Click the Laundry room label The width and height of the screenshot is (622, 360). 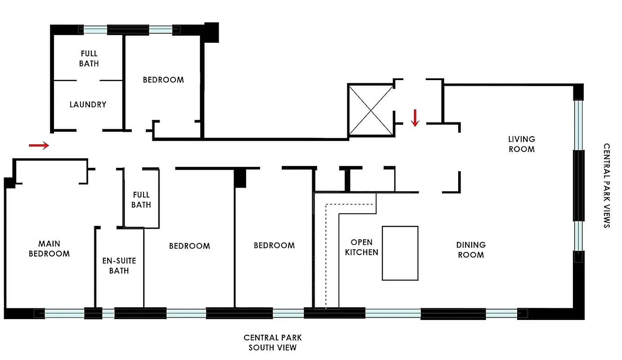pyautogui.click(x=88, y=104)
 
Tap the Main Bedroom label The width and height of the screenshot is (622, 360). pyautogui.click(x=49, y=248)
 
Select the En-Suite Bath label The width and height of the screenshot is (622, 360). pyautogui.click(x=119, y=265)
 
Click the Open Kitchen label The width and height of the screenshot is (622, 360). pyautogui.click(x=361, y=247)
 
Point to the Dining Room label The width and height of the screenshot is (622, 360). pyautogui.click(x=471, y=250)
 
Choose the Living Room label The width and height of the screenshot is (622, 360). pyautogui.click(x=522, y=144)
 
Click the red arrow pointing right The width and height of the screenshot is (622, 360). pyautogui.click(x=39, y=145)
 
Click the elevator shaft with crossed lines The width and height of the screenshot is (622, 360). pyautogui.click(x=370, y=110)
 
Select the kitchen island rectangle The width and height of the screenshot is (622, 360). pyautogui.click(x=400, y=253)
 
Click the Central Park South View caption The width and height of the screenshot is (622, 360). pyautogui.click(x=272, y=342)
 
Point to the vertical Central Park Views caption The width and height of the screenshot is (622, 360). pyautogui.click(x=607, y=186)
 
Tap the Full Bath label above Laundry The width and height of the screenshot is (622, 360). pyautogui.click(x=89, y=58)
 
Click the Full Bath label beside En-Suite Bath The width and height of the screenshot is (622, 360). pyautogui.click(x=141, y=200)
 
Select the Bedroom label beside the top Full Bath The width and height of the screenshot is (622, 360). pyautogui.click(x=163, y=80)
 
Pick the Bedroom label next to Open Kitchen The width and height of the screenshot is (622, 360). pyautogui.click(x=274, y=245)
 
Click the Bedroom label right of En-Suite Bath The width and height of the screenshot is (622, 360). pyautogui.click(x=189, y=246)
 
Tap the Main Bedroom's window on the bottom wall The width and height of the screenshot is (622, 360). pyautogui.click(x=64, y=313)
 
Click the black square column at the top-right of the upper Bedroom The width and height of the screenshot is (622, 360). pyautogui.click(x=212, y=32)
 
